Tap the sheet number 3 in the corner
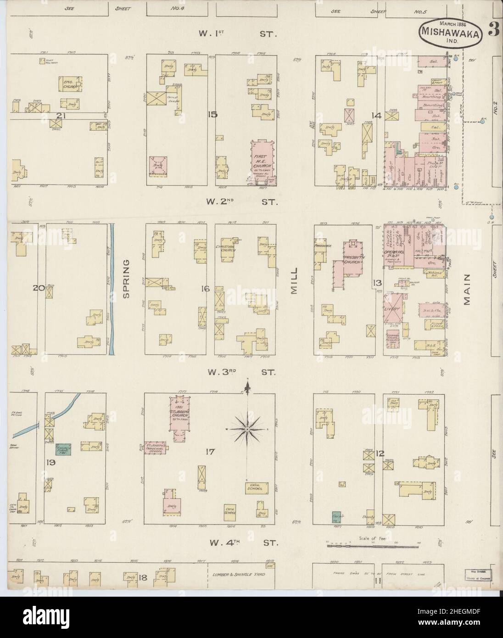(493, 31)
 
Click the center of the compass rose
(247, 429)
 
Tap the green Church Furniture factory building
(63, 449)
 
